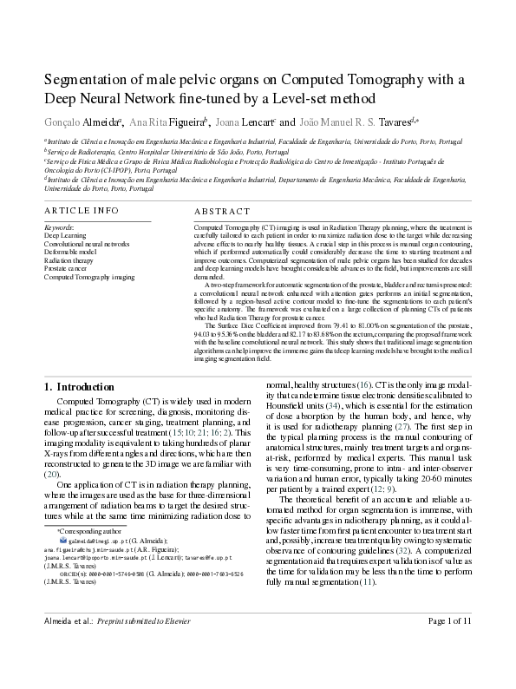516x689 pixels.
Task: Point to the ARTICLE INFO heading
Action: tap(82, 211)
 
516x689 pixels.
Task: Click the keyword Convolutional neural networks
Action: tap(86, 244)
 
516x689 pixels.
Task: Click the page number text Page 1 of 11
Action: tap(449, 670)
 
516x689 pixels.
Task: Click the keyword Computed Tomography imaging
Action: tap(89, 277)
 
